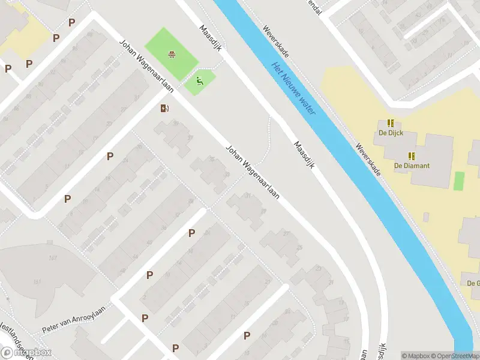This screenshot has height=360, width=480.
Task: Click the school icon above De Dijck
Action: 391,122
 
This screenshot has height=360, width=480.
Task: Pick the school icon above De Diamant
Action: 412,155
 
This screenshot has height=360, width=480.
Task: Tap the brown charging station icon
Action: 164,109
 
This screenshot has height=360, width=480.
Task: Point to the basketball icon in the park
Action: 173,55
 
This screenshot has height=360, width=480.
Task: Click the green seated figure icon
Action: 200,81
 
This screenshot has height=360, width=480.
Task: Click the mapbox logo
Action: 26,353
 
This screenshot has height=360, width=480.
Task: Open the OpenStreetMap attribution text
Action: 455,356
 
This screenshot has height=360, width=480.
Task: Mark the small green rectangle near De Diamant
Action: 460,181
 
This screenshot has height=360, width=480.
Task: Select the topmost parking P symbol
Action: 72,23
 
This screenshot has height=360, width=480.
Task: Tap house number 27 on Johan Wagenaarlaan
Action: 286,234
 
